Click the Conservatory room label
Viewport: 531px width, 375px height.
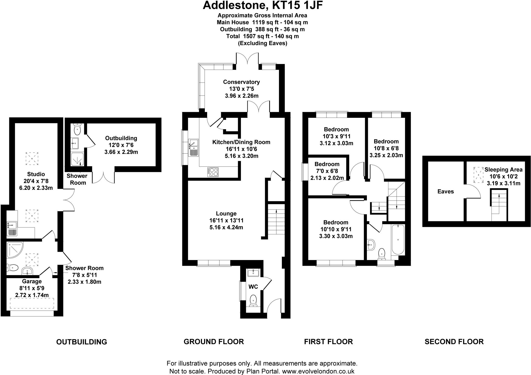pyautogui.click(x=241, y=82)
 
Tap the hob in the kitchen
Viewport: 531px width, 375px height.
pyautogui.click(x=213, y=172)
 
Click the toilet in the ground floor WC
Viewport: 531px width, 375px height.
pyautogui.click(x=253, y=300)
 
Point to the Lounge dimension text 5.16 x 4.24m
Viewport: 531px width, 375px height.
pyautogui.click(x=226, y=228)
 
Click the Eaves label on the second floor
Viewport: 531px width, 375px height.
pyautogui.click(x=445, y=192)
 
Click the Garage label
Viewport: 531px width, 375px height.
pyautogui.click(x=32, y=282)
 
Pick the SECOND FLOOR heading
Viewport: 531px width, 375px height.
pyautogui.click(x=454, y=342)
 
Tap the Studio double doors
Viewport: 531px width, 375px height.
pyautogui.click(x=69, y=200)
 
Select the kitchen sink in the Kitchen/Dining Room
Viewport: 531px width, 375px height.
pyautogui.click(x=193, y=148)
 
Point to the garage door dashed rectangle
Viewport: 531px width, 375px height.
pyautogui.click(x=32, y=303)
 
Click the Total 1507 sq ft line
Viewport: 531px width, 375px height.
pyautogui.click(x=262, y=36)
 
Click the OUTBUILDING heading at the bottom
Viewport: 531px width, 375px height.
pyautogui.click(x=81, y=342)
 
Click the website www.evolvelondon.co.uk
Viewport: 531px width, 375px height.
pyautogui.click(x=318, y=371)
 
